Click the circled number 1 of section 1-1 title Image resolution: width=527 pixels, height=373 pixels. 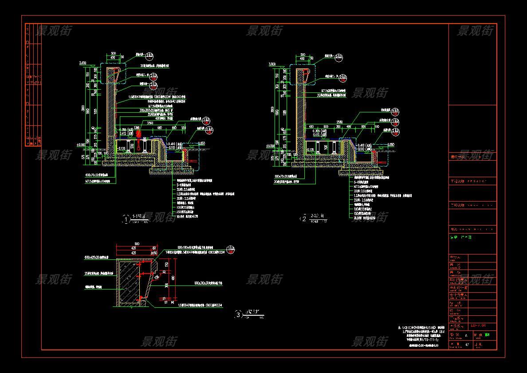coord(126,219)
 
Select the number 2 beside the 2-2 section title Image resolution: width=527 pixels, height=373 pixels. coord(304,218)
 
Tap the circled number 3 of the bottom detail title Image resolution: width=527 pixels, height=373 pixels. coord(239,315)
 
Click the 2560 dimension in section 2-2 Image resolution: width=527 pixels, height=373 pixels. coord(340,122)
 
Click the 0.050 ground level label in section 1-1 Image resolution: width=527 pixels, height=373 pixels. coord(202,143)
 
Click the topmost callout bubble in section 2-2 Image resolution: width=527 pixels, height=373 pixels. coord(338,56)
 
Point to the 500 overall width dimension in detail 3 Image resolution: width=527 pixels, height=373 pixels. coord(137,243)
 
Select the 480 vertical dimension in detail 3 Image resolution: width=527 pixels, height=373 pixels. coord(173,279)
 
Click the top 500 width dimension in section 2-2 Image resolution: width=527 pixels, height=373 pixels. coord(303,55)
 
